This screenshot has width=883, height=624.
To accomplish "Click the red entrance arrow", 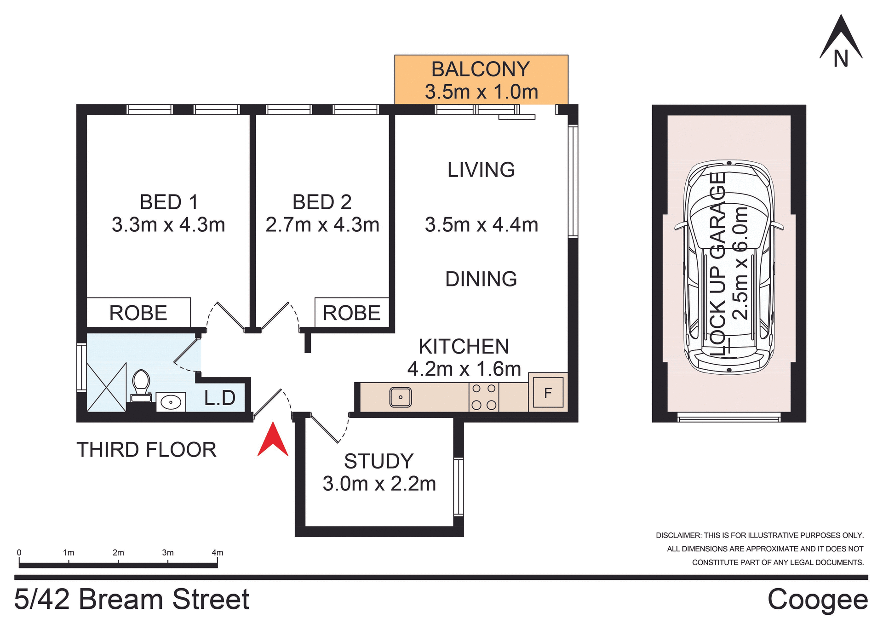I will point(273,441).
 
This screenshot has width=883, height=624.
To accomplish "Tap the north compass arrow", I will point(841,39).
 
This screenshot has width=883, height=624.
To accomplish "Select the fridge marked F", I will point(548,393).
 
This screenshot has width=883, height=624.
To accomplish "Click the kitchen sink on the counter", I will point(401,397).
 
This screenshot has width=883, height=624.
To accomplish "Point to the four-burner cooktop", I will point(484,397).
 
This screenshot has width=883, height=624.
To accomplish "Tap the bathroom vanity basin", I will point(171,402).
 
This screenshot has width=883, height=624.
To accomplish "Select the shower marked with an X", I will point(106,388).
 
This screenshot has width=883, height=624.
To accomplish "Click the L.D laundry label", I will point(220,398).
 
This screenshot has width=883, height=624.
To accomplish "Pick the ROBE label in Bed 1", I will point(138,313).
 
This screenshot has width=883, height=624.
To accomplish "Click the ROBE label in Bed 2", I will point(351,313).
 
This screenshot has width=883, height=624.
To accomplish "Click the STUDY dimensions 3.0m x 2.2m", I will point(379,484).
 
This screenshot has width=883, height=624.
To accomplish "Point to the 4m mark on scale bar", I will point(217,553).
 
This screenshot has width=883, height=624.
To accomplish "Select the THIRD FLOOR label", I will point(146,450).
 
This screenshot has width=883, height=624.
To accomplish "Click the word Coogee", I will point(817,600).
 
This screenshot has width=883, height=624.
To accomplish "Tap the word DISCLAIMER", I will point(678,535).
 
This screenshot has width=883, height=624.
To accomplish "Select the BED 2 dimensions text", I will point(322,225).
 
